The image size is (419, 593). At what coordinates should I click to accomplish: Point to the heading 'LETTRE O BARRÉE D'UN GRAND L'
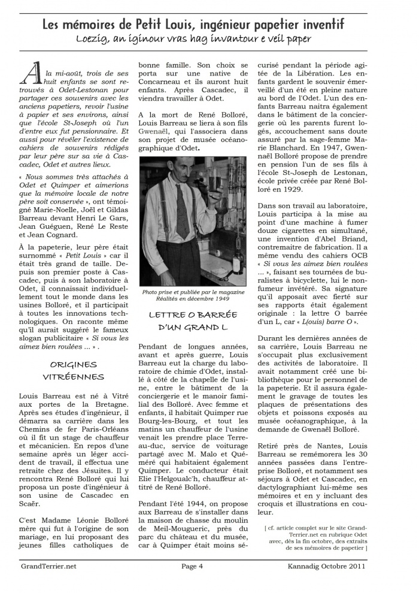click(x=193, y=320)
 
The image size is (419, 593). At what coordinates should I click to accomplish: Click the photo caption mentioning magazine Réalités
click(x=192, y=295)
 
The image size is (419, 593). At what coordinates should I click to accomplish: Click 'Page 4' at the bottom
click(x=193, y=565)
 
